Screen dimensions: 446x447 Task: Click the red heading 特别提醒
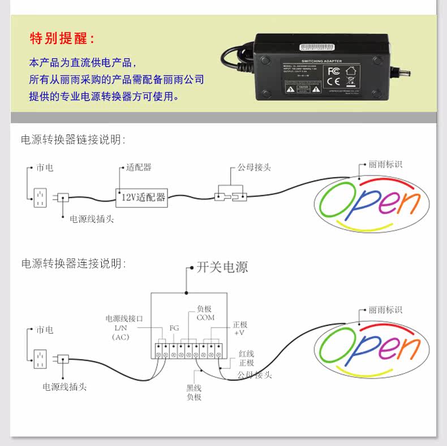pyautogui.click(x=62, y=38)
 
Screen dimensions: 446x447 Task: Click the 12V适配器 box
pyautogui.click(x=141, y=197)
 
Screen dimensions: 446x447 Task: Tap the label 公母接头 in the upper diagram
pyautogui.click(x=254, y=167)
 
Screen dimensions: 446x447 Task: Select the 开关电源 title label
pyautogui.click(x=222, y=267)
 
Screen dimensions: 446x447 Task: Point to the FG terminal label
pyautogui.click(x=174, y=328)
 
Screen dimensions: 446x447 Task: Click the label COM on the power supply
pyautogui.click(x=205, y=318)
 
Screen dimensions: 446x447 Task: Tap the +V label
pyautogui.click(x=240, y=334)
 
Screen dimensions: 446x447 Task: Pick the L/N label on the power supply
pyautogui.click(x=121, y=328)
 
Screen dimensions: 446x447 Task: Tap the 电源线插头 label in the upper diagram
pyautogui.click(x=92, y=219)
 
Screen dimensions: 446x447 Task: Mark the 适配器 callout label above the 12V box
pyautogui.click(x=139, y=167)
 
